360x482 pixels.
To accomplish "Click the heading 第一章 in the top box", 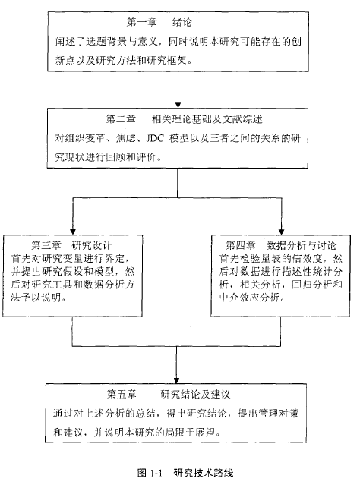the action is tap(141, 22).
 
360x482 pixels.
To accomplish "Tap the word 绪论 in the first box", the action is tap(182, 22).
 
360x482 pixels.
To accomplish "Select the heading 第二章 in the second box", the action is tap(121, 119).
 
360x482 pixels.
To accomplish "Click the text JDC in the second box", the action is tap(155, 138).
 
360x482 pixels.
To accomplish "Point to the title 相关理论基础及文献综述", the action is tap(207, 119).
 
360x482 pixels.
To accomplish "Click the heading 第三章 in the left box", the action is tap(46, 245).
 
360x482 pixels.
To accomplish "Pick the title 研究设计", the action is tap(92, 245).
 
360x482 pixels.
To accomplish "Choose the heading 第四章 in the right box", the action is tap(241, 245).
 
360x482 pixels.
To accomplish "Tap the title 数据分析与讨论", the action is tap(302, 245).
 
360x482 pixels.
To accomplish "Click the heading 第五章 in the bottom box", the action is tap(122, 394).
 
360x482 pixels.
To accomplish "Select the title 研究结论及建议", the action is tap(195, 394).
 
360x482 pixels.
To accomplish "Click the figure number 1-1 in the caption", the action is tap(156, 473).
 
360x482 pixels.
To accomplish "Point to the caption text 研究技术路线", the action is tap(204, 473).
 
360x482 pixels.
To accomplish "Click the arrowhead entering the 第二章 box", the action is tap(178, 105).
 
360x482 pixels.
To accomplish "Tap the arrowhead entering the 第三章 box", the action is tap(73, 232).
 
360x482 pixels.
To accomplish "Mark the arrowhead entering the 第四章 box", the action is tap(281, 232).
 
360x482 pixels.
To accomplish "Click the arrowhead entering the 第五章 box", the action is tap(176, 380).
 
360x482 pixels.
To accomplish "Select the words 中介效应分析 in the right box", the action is tap(250, 298).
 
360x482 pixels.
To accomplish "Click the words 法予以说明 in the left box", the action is tap(36, 298).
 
